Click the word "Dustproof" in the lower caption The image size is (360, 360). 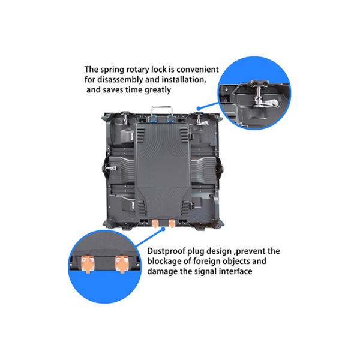click(166, 251)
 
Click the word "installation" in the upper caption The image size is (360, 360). click(183, 80)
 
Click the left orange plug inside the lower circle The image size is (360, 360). click(88, 263)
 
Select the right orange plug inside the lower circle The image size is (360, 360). click(121, 263)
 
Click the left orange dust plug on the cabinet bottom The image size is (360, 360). click(155, 223)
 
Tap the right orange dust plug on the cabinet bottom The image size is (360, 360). click(172, 223)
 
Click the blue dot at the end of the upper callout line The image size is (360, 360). click(199, 109)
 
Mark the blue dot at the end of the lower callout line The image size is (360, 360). click(163, 229)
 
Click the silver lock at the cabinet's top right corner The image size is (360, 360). click(200, 119)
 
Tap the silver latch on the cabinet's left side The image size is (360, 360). click(110, 169)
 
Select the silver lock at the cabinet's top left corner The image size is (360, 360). click(125, 118)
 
